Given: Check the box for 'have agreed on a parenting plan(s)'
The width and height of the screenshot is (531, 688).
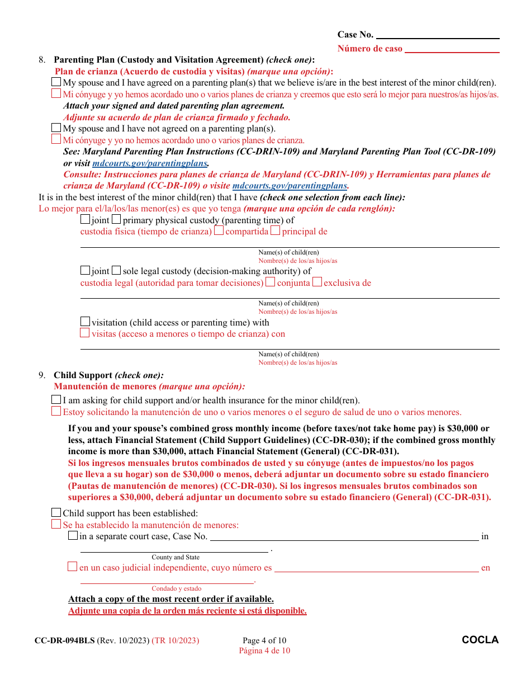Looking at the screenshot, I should (56, 82).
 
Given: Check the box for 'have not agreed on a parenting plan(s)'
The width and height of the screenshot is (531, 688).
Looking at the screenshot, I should (56, 128).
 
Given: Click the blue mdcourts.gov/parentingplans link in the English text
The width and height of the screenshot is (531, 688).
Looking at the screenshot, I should (150, 163).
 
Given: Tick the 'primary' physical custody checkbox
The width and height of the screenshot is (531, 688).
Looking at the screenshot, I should (116, 219).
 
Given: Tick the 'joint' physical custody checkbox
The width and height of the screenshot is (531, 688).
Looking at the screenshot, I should (85, 219).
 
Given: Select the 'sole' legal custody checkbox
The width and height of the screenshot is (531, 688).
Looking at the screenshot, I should (116, 271).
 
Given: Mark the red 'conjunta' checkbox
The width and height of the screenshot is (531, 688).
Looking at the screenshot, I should (271, 282).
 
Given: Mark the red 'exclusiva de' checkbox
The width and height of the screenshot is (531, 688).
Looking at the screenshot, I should (317, 282).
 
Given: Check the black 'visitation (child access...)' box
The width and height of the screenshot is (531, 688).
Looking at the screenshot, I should (85, 322).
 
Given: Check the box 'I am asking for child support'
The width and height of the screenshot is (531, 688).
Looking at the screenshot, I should (56, 400).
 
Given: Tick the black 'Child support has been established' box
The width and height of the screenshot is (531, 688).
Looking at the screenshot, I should (56, 513).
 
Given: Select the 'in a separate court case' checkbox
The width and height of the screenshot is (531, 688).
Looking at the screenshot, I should (73, 536).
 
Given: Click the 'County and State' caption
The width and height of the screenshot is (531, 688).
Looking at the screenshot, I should (176, 557).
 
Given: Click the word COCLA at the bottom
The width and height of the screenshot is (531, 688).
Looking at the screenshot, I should (480, 640).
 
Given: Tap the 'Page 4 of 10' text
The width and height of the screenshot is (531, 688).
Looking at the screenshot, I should (264, 640).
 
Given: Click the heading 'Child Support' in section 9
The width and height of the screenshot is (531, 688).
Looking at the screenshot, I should (83, 375).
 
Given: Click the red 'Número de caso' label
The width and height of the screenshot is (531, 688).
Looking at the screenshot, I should (369, 49).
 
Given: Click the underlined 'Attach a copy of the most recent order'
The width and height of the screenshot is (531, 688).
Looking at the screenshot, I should (170, 599).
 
